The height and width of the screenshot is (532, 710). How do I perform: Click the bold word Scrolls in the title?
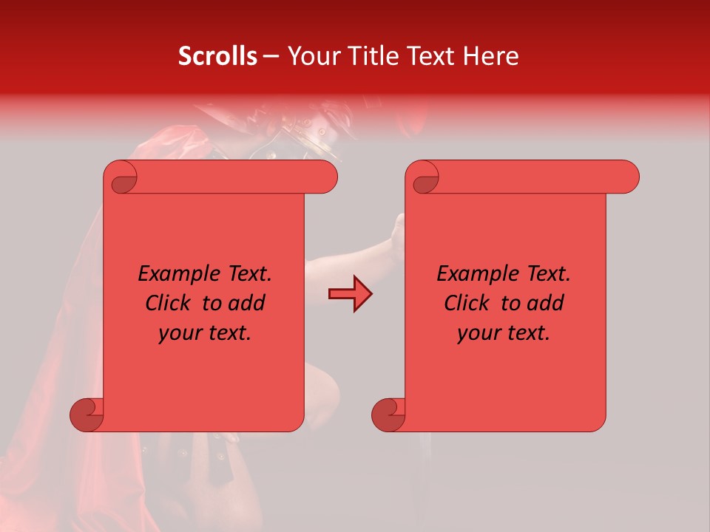217,56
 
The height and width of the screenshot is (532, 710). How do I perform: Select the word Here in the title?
490,56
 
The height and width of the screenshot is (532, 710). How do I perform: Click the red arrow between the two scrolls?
350,294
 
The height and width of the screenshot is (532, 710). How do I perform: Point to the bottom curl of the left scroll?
87,415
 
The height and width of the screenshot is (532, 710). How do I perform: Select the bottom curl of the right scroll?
388,415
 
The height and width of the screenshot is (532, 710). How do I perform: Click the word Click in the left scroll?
169,304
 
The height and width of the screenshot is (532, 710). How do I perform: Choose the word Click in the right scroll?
467,304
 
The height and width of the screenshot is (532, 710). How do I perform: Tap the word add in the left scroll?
246,304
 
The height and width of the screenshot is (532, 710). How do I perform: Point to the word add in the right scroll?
545,304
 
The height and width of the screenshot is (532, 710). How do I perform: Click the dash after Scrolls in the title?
271,56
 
